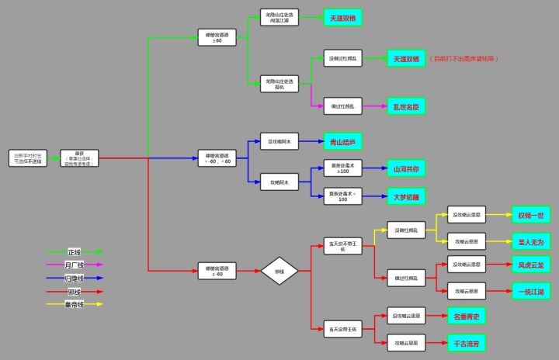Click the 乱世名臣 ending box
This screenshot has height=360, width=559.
[x=407, y=106]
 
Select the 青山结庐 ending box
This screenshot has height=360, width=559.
[x=342, y=142]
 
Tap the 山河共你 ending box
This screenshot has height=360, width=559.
[x=407, y=168]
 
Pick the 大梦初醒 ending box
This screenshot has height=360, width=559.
[x=407, y=197]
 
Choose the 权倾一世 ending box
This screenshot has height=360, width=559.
[x=531, y=215]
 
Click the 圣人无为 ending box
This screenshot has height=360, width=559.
[x=531, y=241]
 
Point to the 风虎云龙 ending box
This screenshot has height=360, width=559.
[x=531, y=265]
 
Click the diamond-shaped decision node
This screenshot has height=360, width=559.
[x=279, y=272]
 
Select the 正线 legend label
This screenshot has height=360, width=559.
[x=75, y=252]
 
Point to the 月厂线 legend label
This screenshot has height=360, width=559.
[x=75, y=265]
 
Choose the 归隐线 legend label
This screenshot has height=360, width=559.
[x=75, y=279]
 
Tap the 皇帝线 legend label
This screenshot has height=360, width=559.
[x=75, y=304]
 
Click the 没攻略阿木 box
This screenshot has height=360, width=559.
[x=279, y=142]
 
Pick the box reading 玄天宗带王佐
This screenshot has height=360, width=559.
[x=343, y=329]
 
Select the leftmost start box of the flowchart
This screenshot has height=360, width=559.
[x=29, y=158]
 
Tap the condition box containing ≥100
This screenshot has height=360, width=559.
[x=343, y=168]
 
